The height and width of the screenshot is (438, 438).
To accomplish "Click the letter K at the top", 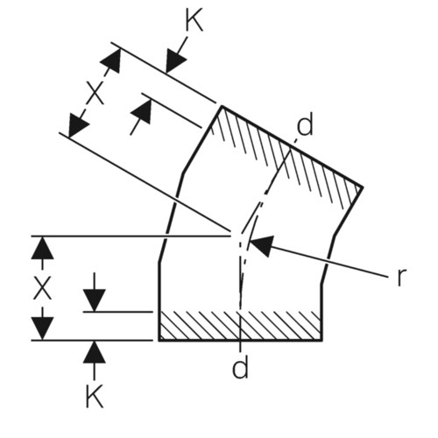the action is pos(194,21).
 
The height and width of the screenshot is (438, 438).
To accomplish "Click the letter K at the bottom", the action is pos(95,396).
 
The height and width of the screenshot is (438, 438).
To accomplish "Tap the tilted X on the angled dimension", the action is pos(95,93).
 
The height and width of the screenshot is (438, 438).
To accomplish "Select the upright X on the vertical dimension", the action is pos(42,287).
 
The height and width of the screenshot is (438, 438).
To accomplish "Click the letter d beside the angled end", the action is pos(305,124).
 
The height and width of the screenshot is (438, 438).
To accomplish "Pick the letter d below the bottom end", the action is pos(240,366).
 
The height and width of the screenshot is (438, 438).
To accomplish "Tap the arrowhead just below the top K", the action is pos(175,62).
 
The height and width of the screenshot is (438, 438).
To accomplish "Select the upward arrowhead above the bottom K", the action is pos(95,352).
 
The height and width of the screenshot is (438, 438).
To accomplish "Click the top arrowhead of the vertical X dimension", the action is pos(43,248).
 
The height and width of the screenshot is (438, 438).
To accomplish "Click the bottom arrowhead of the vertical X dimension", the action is pos(43,328).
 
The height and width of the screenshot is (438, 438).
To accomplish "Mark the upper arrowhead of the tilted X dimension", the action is pos(112,60).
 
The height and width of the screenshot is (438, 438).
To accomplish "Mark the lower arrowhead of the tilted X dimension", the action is pos(77,126).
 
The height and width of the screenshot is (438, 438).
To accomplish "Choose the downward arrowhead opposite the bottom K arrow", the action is pos(94,300).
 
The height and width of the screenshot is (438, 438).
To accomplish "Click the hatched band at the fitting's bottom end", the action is pos(240,326).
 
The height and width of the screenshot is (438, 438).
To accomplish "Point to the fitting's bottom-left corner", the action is pos(159,341).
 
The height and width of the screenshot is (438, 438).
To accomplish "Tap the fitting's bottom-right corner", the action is pos(321,341).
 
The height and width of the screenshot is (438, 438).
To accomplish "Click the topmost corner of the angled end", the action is pos(222,106).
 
